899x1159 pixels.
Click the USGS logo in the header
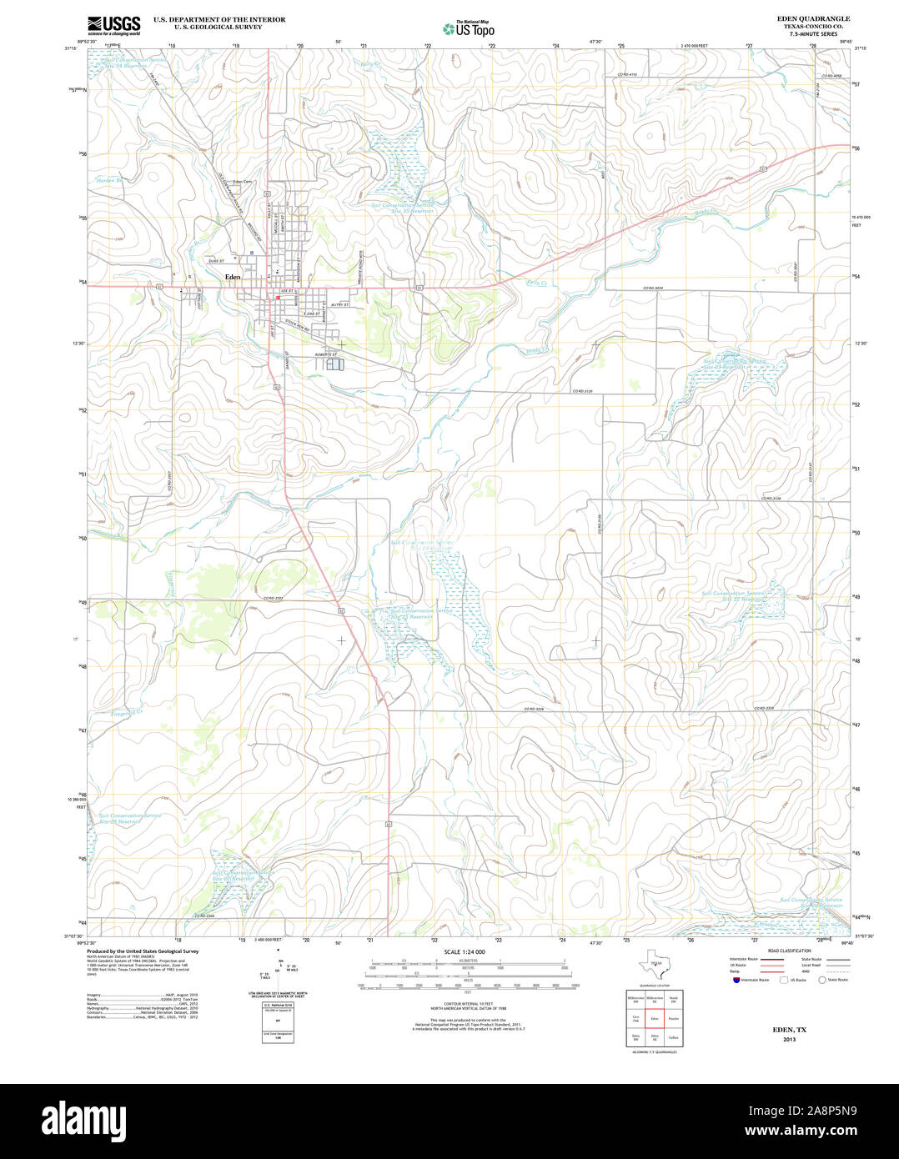(114, 25)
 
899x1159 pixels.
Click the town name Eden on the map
(232, 276)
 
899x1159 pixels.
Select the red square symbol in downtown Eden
(278, 296)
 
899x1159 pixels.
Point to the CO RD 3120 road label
(582, 391)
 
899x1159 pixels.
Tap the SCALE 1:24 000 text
(465, 951)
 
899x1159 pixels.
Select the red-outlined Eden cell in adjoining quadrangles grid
(655, 1018)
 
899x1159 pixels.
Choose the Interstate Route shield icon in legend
(736, 980)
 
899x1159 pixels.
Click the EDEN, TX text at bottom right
(789, 1030)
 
